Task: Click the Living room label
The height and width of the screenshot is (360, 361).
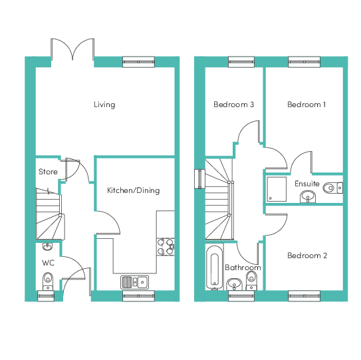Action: [104, 104]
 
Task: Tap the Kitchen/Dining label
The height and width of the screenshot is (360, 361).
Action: [134, 190]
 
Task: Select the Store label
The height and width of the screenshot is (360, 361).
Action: [47, 172]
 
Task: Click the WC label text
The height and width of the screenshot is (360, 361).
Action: [48, 263]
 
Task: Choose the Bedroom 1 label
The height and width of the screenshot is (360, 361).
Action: [306, 104]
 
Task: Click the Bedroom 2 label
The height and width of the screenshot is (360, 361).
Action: [306, 256]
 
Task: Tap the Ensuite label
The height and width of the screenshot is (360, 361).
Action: [306, 184]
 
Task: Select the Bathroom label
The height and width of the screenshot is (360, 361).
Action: [243, 268]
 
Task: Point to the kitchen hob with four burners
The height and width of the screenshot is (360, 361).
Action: [166, 247]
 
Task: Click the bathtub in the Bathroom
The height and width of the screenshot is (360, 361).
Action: [214, 270]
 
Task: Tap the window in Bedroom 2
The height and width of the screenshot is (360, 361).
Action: [306, 295]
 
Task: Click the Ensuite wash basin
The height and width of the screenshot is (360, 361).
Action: [307, 196]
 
